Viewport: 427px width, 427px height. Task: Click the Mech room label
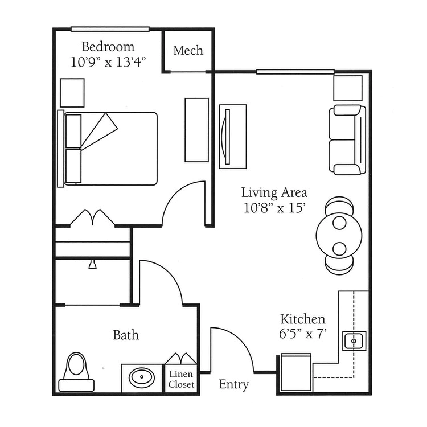click(x=188, y=50)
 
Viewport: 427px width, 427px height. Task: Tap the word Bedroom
click(x=108, y=47)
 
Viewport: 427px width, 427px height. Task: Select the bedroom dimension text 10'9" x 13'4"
click(x=108, y=63)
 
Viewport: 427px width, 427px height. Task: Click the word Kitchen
click(x=303, y=319)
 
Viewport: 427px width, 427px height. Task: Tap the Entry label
click(x=234, y=384)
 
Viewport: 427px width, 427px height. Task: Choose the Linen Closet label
click(x=181, y=379)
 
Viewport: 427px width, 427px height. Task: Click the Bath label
click(x=126, y=335)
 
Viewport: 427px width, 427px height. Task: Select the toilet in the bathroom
click(x=76, y=372)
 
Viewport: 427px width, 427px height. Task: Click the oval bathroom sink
click(x=142, y=377)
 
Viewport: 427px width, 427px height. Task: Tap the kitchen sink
click(x=354, y=341)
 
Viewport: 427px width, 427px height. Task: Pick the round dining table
click(x=339, y=236)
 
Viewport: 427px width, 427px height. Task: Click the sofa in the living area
click(x=347, y=139)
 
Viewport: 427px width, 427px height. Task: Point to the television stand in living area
click(x=233, y=137)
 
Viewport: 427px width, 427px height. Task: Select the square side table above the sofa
click(x=348, y=88)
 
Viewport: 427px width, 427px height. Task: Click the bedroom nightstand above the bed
click(x=72, y=93)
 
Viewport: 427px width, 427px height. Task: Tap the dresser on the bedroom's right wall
click(x=197, y=130)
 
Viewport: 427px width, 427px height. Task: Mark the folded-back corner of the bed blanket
click(x=100, y=132)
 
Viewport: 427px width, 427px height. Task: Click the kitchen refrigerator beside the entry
click(x=296, y=372)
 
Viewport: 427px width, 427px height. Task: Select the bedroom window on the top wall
click(x=110, y=29)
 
